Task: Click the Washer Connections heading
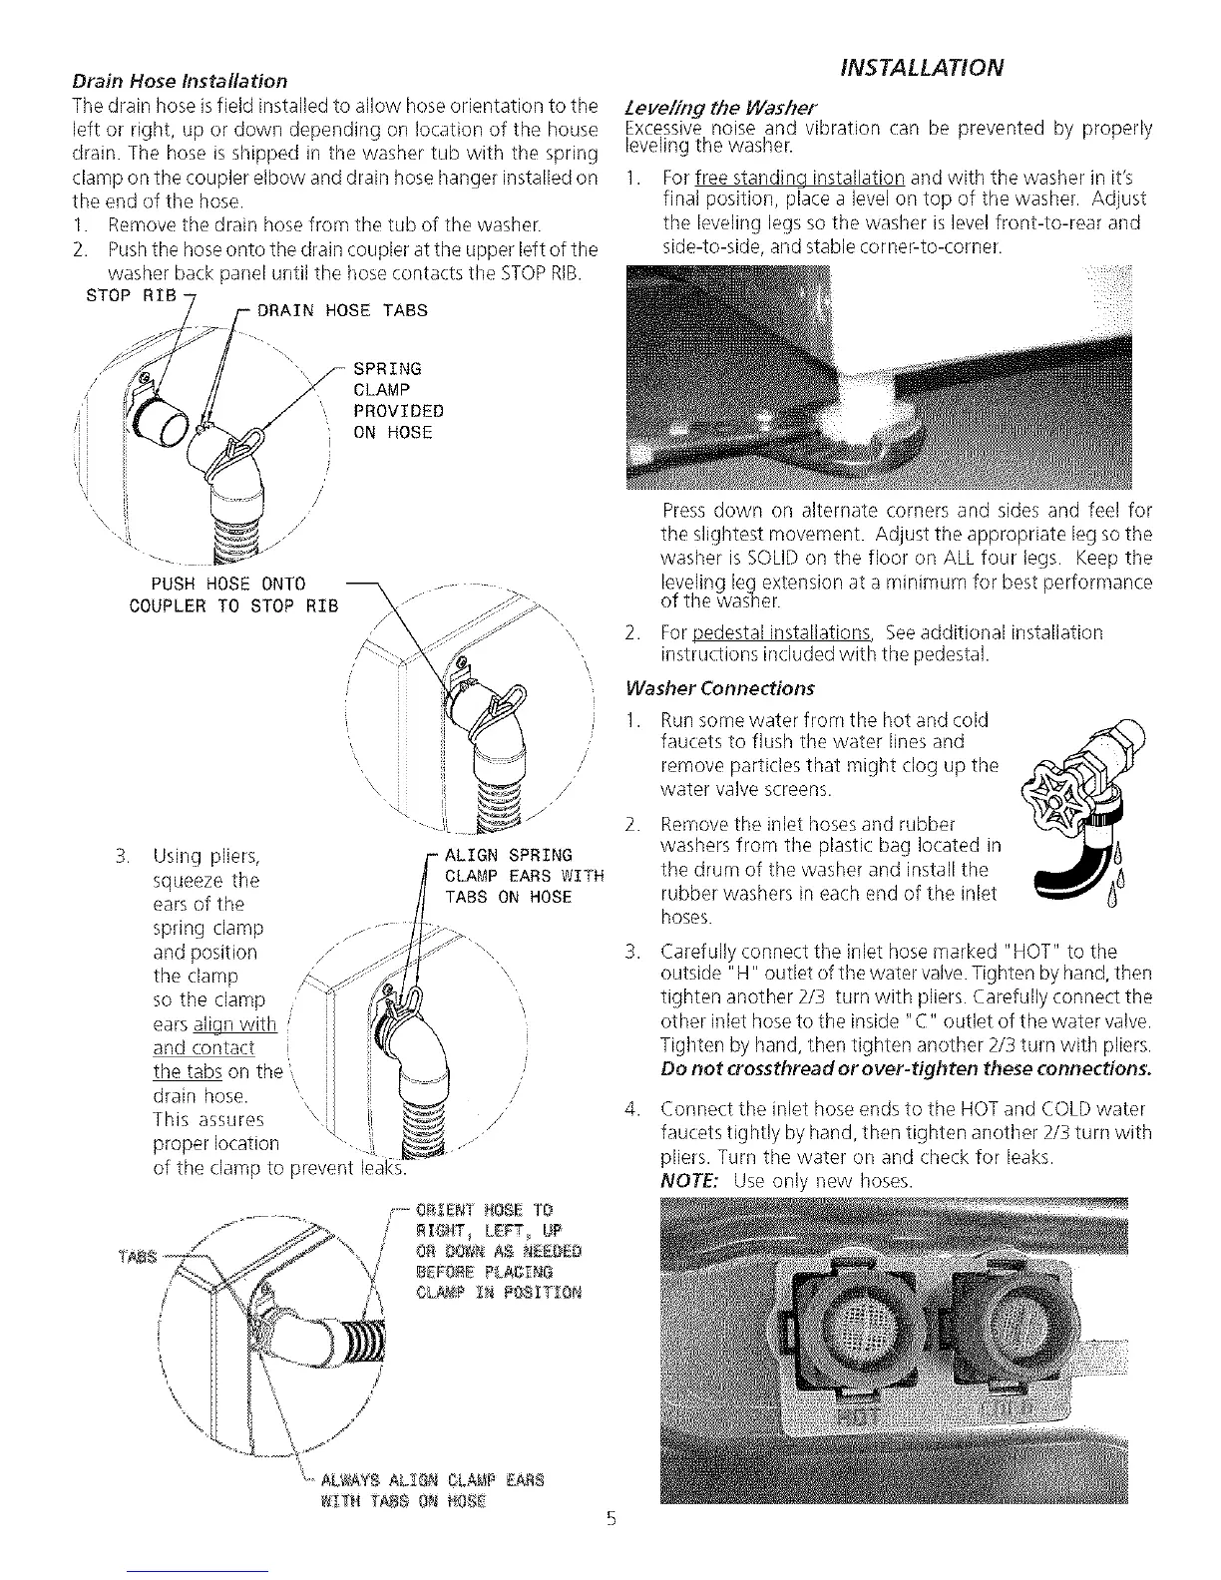(x=719, y=688)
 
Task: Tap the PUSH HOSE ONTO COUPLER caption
(x=234, y=594)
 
